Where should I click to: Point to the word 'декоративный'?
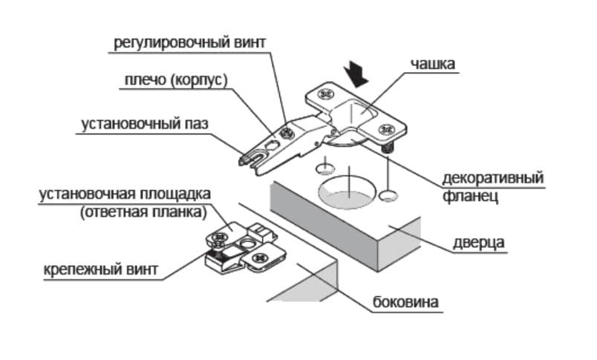493,179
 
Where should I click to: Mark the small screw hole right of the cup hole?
386,196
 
